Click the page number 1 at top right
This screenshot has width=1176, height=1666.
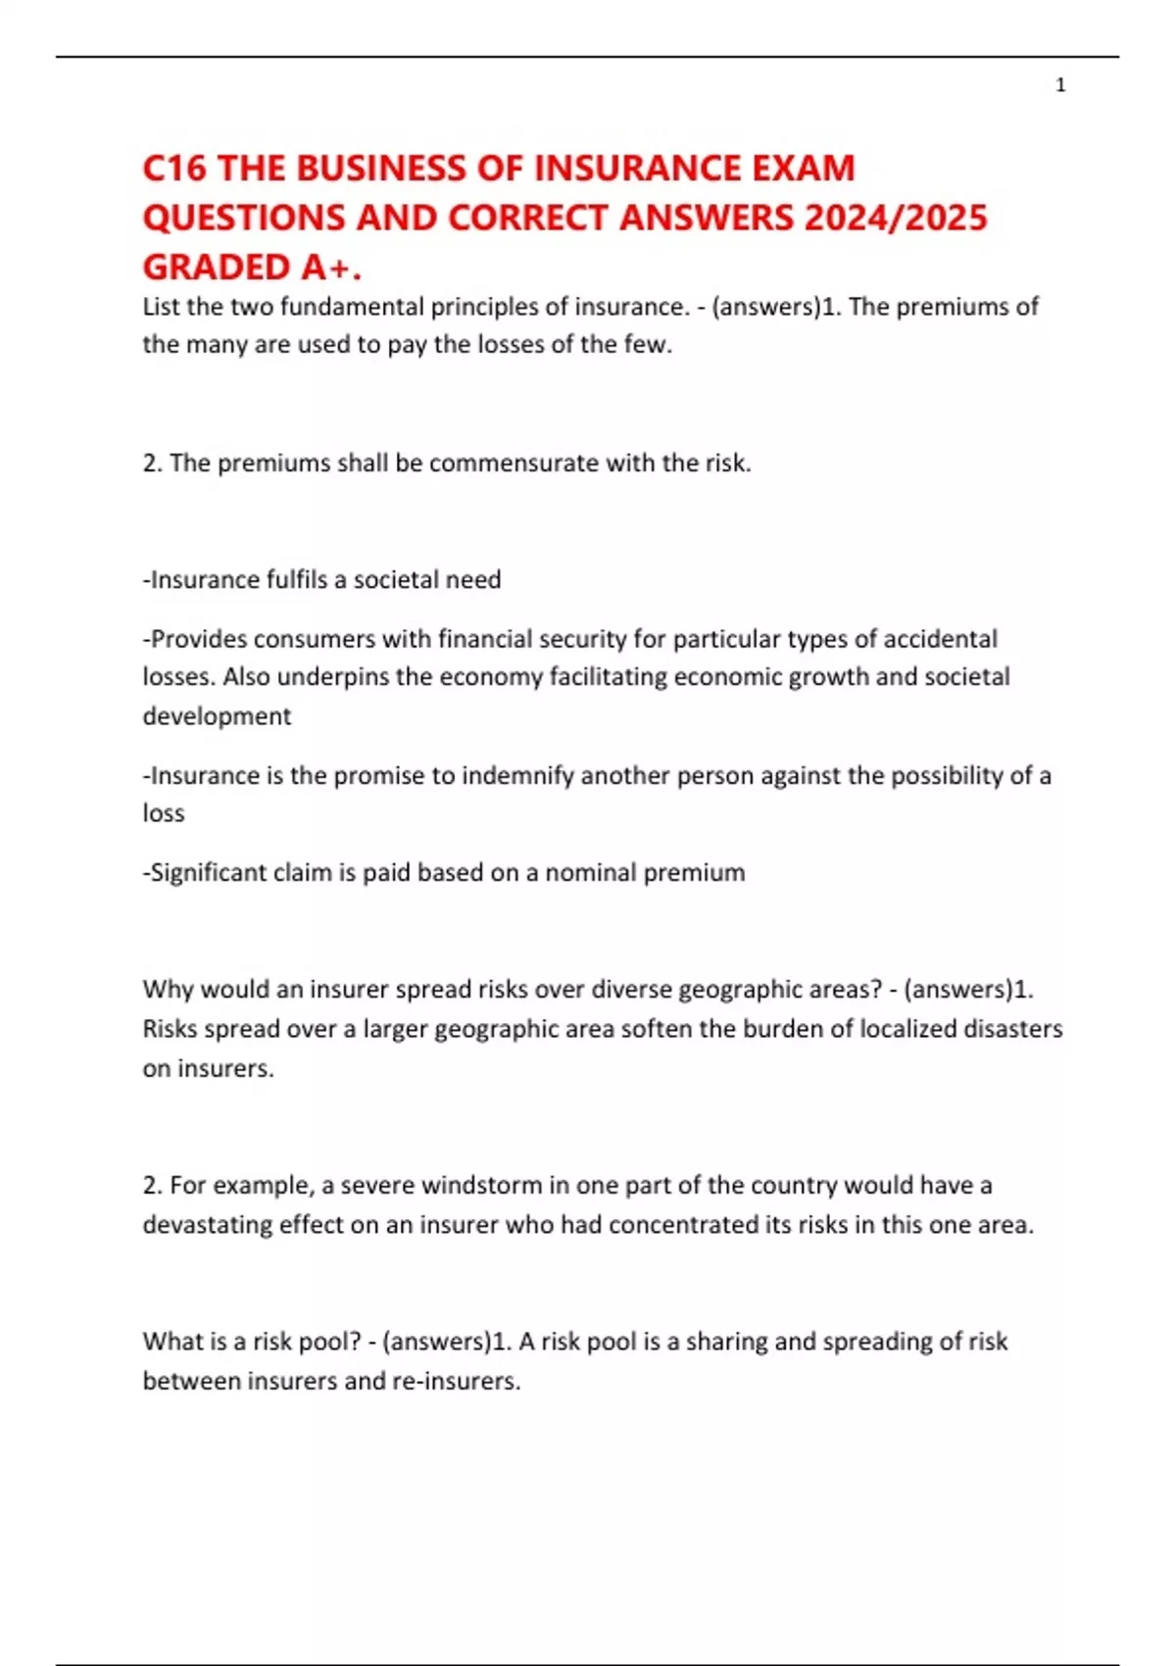coord(1060,86)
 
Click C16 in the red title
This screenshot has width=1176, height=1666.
coord(174,169)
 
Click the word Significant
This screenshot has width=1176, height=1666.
coord(204,872)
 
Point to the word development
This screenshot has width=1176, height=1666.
coord(217,716)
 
